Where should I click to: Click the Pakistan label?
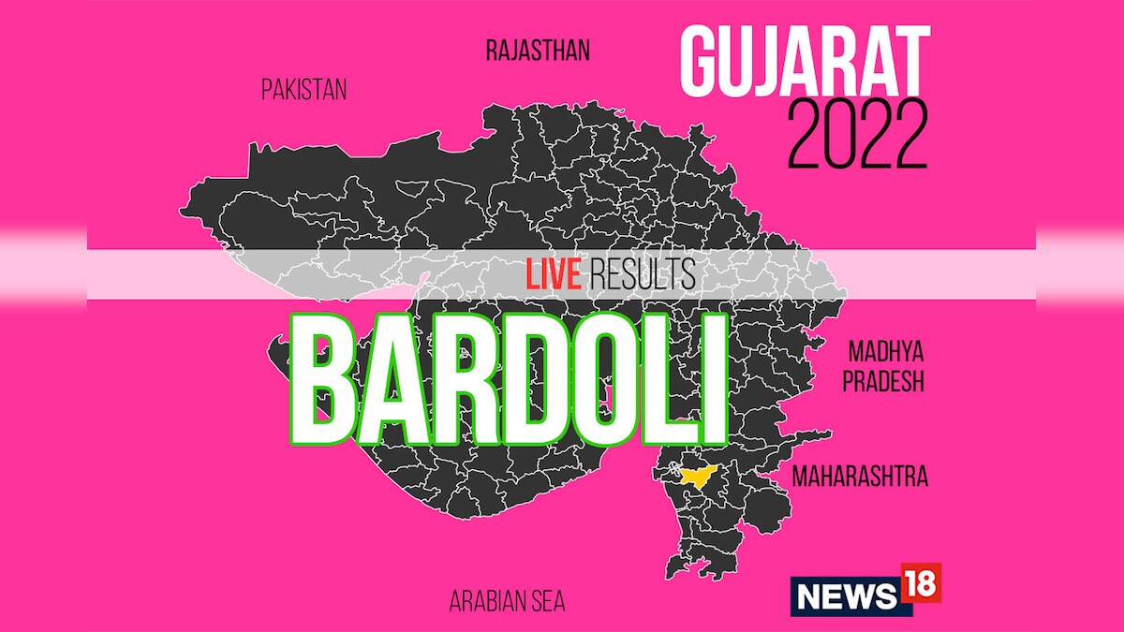[304, 90]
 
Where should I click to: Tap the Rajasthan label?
[538, 50]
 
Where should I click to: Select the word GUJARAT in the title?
[805, 62]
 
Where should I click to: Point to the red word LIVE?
[554, 275]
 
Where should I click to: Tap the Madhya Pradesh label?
[886, 367]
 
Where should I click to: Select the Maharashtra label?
[860, 477]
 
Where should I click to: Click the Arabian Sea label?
[508, 601]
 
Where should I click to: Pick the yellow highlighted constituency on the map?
[696, 476]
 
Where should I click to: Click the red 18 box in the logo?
[921, 583]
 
